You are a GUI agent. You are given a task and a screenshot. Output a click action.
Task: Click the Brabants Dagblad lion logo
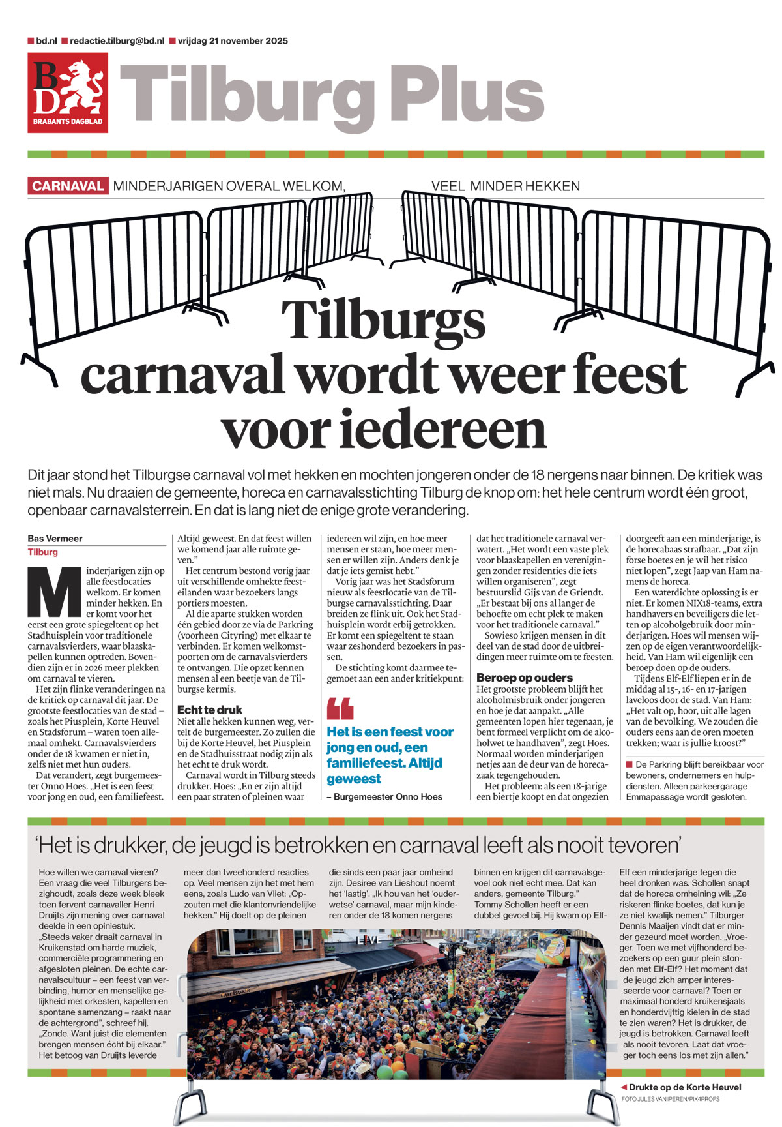(x=68, y=92)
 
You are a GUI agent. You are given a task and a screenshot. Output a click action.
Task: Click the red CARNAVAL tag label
(x=68, y=186)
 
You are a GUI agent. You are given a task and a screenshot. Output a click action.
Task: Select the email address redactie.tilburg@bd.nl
(x=117, y=41)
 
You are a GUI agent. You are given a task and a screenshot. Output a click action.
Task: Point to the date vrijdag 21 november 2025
(x=233, y=41)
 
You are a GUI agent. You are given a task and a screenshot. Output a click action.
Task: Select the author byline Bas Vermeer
(x=55, y=539)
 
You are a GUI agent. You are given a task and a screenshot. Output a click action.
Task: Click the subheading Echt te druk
(x=209, y=710)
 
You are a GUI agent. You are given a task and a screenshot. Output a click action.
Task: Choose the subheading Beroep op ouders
(x=525, y=678)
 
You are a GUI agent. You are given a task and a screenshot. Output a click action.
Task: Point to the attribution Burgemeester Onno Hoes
(x=388, y=796)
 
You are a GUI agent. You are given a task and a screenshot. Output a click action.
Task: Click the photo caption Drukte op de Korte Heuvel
(x=685, y=1087)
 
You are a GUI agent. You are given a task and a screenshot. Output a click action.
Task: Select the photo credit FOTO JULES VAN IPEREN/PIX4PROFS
(x=671, y=1099)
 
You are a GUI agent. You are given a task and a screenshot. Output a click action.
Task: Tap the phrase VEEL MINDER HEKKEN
(x=505, y=186)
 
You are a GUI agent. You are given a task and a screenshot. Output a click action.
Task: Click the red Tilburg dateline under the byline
(x=43, y=552)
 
